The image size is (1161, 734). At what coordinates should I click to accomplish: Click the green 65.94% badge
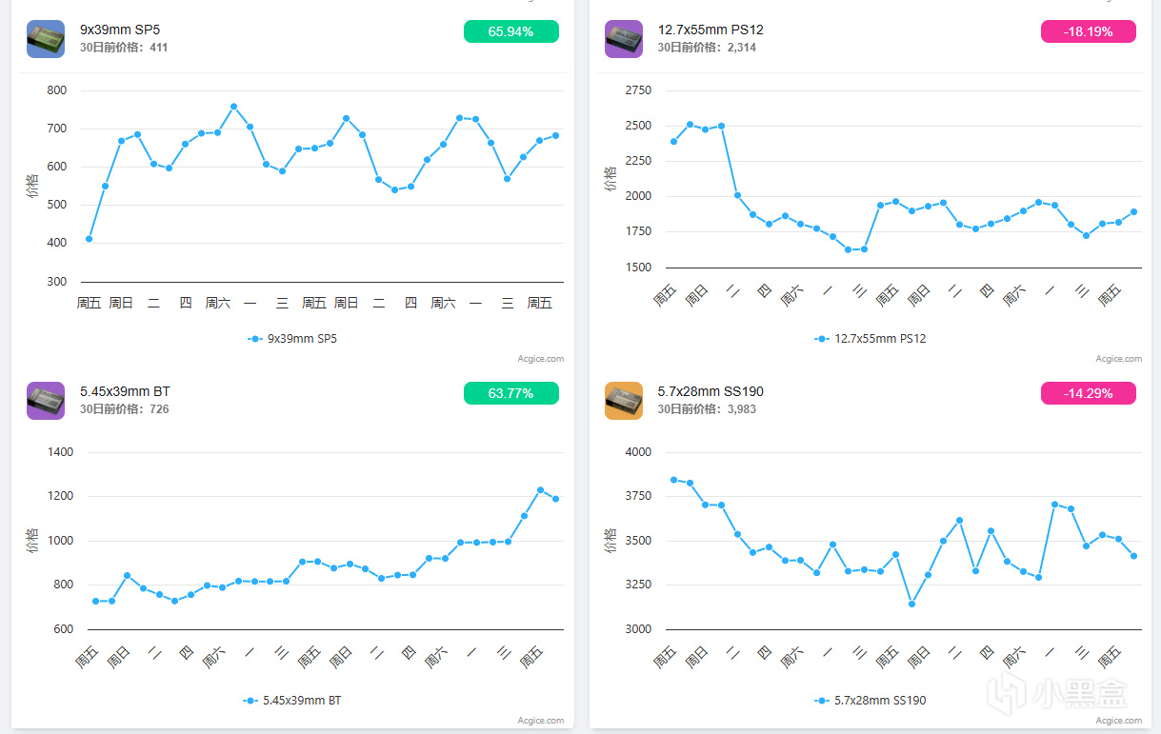point(510,31)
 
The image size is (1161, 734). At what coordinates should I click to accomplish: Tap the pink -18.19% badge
point(1088,31)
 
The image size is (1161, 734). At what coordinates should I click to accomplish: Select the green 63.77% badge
point(510,393)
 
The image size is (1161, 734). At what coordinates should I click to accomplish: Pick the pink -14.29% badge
point(1088,393)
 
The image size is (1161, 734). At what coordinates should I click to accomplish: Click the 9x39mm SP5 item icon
point(46,39)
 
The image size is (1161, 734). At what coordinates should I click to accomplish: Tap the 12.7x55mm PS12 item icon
point(623,39)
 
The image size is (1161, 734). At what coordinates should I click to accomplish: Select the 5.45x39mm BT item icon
point(46,401)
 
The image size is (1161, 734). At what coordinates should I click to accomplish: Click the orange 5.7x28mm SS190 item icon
point(623,401)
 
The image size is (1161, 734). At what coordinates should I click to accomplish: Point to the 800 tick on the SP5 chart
point(57,90)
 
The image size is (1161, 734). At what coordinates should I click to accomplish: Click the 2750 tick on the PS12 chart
point(638,90)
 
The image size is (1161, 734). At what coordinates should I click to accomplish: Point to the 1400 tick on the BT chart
point(60,452)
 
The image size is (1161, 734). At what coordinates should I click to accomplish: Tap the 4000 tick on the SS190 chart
point(638,452)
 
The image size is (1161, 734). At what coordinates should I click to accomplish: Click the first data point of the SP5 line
point(89,239)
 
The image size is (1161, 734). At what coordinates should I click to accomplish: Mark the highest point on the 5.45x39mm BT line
point(540,490)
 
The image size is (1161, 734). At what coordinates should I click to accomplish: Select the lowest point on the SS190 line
point(911,604)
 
